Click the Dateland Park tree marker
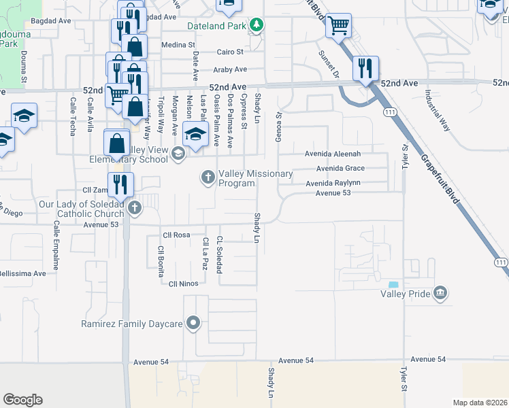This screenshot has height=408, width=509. [x=256, y=26]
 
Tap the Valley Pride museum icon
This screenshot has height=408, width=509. [x=440, y=293]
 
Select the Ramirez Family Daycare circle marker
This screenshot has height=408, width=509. [x=194, y=324]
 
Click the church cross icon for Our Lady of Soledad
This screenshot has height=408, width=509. [x=135, y=208]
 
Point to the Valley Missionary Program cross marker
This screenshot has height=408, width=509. [x=208, y=178]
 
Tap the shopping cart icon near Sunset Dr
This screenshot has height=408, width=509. [x=338, y=27]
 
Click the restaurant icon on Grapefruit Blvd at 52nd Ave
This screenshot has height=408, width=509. [x=365, y=69]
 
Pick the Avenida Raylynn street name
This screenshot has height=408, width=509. [x=333, y=183]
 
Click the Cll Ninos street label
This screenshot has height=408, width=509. [x=182, y=284]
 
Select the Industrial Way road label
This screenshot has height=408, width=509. [x=437, y=110]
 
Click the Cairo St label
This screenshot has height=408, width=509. [x=230, y=52]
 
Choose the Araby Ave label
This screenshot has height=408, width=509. [x=230, y=69]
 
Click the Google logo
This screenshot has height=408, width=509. [x=22, y=399]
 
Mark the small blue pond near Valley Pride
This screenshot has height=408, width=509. [x=393, y=284]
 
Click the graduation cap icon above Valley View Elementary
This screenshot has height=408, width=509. [x=195, y=134]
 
